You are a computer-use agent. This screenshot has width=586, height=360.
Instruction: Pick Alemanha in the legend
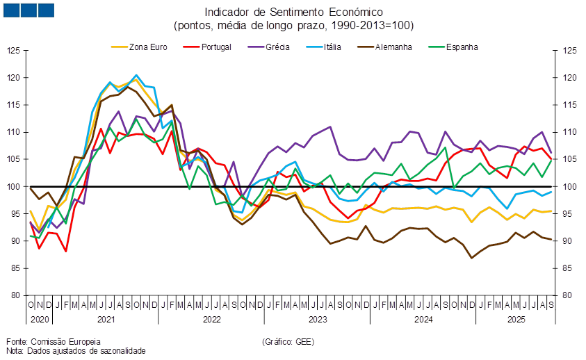tap(393, 47)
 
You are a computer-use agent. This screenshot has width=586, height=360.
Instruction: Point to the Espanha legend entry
tap(460, 47)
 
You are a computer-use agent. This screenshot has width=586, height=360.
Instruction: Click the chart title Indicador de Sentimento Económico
tap(293, 12)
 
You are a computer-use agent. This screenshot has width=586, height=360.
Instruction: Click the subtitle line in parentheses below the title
tap(293, 26)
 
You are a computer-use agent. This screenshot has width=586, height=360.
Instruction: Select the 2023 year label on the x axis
tap(318, 320)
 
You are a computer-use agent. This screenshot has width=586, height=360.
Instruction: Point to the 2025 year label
tap(515, 320)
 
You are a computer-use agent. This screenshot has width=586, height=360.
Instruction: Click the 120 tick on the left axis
tap(14, 78)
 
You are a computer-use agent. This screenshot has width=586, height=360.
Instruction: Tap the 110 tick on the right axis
tap(569, 132)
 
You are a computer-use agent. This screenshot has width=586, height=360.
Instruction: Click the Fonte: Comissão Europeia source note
tap(54, 341)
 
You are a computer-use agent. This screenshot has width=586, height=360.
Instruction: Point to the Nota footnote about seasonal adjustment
tap(76, 351)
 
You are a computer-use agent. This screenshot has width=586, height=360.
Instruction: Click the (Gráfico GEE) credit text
tap(288, 341)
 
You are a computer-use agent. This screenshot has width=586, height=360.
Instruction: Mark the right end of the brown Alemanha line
tap(553, 240)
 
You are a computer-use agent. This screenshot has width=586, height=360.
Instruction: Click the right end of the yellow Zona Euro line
tap(553, 211)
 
